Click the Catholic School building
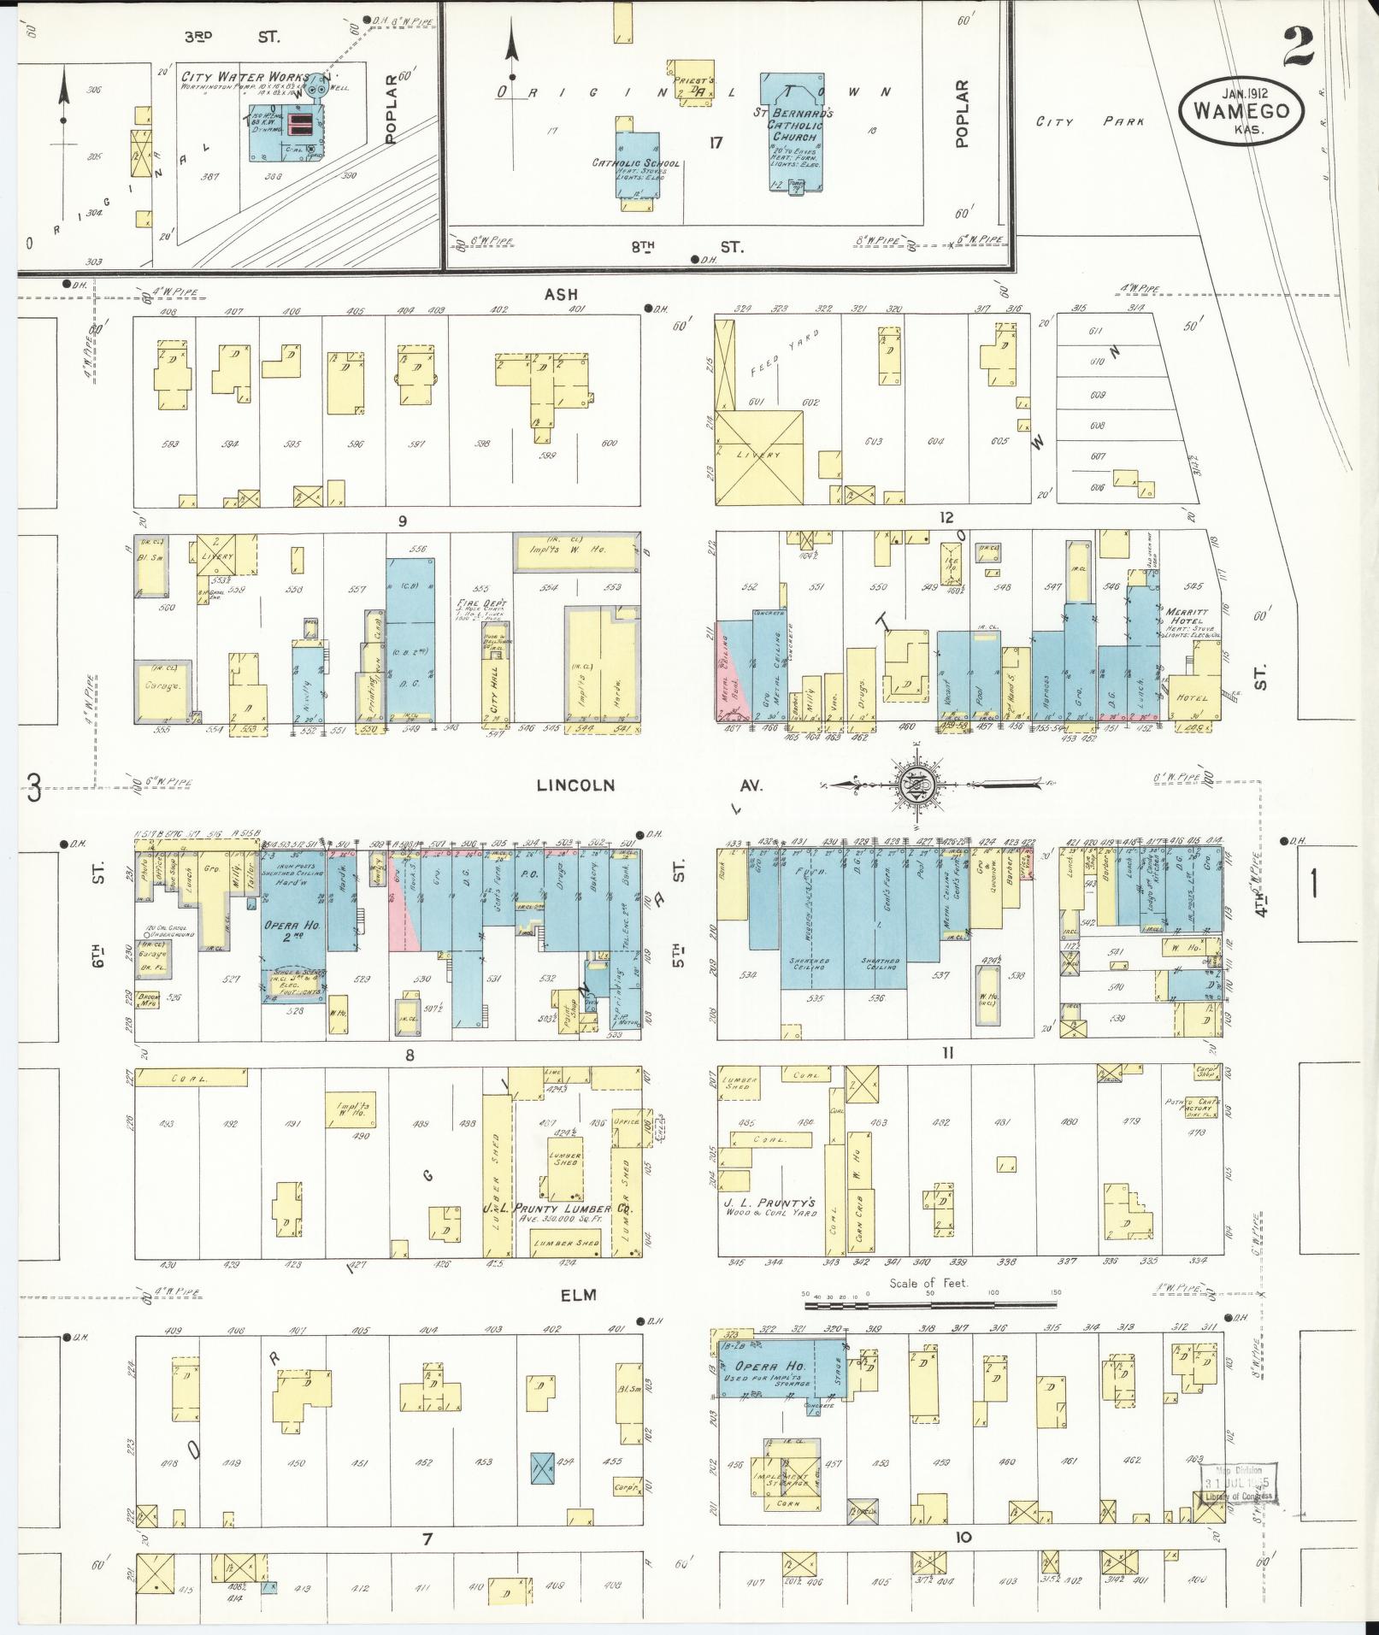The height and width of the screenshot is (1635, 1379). (x=637, y=167)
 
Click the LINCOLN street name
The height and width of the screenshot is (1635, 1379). (x=575, y=785)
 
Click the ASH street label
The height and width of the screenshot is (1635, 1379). (x=562, y=294)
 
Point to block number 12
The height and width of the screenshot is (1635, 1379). (x=946, y=517)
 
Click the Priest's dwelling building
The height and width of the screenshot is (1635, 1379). (x=689, y=84)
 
